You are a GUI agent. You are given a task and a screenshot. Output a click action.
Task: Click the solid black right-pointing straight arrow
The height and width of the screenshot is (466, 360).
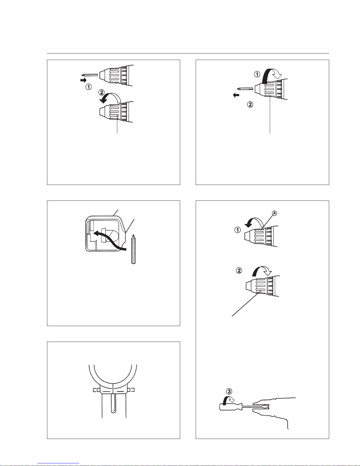(x=83, y=80)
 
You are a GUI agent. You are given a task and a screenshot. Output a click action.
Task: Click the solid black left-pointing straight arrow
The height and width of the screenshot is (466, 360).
(x=236, y=95)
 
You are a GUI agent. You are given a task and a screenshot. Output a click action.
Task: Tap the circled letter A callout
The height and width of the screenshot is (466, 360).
(x=274, y=213)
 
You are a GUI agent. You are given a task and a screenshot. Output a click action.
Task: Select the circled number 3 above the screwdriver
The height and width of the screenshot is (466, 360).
(x=229, y=391)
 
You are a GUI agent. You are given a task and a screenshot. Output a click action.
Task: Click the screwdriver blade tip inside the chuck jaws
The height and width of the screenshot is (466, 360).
(x=267, y=406)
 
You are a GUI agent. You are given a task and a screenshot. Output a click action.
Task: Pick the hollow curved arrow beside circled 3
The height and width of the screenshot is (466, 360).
(x=229, y=400)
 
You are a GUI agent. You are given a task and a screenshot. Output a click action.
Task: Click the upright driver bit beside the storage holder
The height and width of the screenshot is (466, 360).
(x=133, y=249)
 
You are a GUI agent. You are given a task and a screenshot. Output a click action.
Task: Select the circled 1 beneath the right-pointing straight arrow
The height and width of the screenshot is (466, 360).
(x=88, y=87)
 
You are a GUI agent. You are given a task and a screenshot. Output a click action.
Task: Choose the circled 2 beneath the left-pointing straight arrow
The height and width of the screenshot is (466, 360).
(x=250, y=104)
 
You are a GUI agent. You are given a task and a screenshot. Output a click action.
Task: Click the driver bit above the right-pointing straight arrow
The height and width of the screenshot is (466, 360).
(x=90, y=75)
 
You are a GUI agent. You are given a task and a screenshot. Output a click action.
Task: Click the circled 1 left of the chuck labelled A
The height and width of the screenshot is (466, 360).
(x=237, y=230)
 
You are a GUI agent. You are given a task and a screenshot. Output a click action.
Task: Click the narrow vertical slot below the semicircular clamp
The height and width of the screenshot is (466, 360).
(x=113, y=404)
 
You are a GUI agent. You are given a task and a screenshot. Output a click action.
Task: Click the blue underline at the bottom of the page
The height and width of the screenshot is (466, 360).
(x=58, y=463)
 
